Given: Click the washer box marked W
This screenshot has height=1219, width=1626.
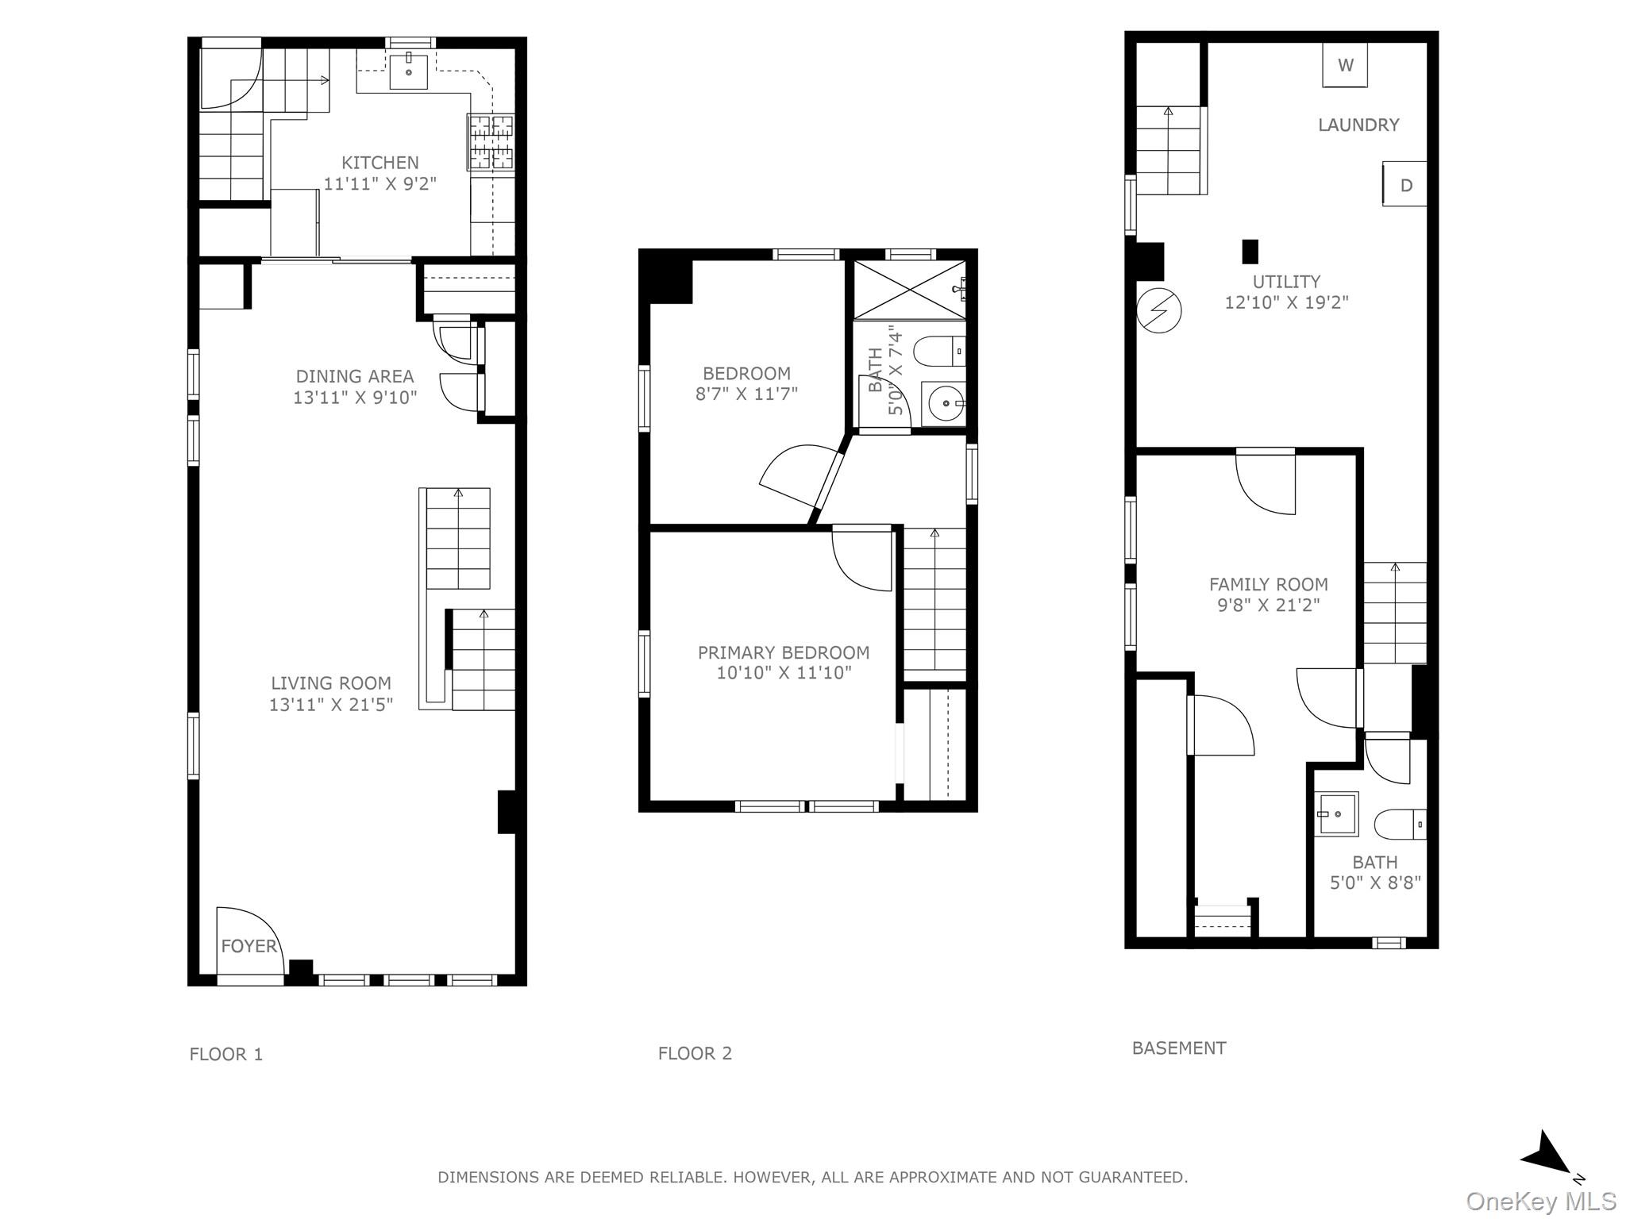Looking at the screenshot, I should point(1345,65).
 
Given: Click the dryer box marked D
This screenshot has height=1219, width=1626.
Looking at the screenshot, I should point(1404,185).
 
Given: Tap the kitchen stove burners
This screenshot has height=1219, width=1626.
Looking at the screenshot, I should point(491,142).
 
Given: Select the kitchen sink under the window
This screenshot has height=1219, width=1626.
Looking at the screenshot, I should point(409,71).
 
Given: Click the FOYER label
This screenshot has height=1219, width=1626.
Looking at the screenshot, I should point(249,946).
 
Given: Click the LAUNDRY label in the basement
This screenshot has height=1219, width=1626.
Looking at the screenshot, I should point(1358,125).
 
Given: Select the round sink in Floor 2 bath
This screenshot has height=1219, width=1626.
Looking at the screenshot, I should point(945,404).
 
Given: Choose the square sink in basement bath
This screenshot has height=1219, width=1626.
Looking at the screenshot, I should point(1336,814).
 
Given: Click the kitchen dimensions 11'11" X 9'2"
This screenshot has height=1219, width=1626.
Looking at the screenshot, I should point(380,183).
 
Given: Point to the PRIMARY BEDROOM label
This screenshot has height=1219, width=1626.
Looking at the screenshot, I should point(784,652).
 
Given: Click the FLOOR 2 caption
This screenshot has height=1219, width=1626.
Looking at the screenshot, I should point(695,1053).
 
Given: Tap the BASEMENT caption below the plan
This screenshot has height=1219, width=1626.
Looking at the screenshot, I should point(1178,1048).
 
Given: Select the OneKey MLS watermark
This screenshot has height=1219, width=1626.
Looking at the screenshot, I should point(1540,1202).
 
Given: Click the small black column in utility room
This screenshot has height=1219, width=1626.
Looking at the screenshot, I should point(1250,252).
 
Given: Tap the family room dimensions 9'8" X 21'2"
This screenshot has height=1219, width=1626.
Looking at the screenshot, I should point(1268,605).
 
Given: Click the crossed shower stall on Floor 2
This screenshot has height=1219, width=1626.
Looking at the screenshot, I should point(909,290).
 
